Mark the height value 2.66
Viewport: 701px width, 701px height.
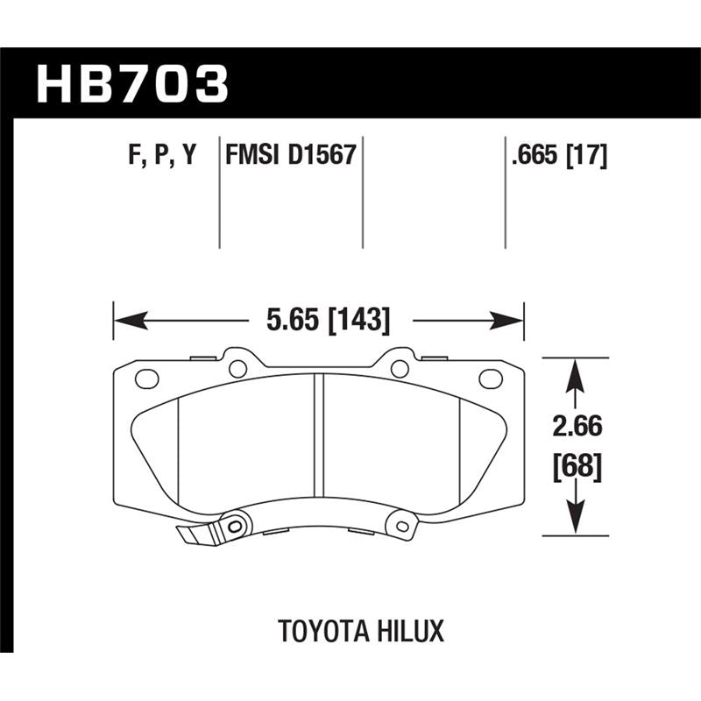tap(576, 429)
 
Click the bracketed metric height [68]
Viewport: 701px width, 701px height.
tap(576, 466)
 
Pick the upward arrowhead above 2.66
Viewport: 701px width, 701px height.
tap(574, 373)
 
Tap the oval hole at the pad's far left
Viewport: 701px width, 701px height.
tap(146, 379)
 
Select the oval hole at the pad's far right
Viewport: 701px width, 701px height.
tap(491, 379)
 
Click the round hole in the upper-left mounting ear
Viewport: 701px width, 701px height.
tap(237, 368)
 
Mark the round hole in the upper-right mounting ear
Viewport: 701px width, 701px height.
tap(399, 368)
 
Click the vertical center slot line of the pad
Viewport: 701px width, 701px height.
tap(323, 438)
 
